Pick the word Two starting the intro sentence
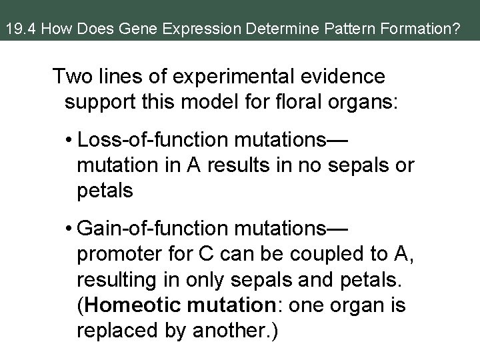73,77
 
